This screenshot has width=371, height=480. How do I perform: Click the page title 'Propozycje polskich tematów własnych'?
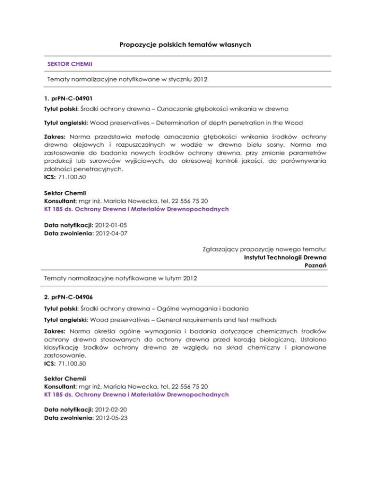[x=185, y=45]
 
